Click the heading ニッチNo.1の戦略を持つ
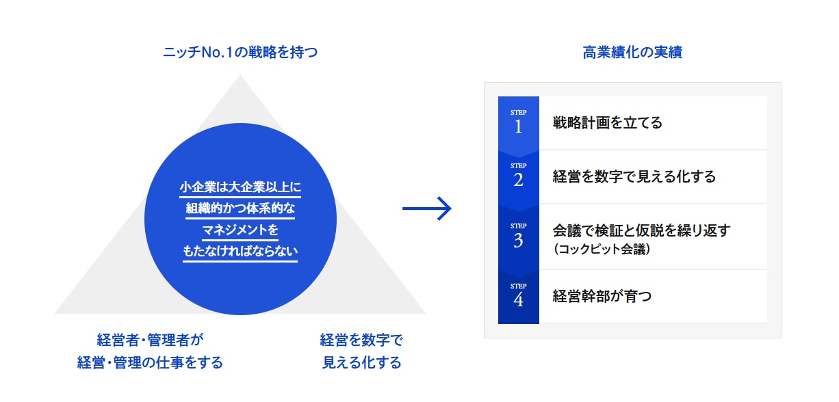click(x=240, y=53)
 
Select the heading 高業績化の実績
click(x=632, y=53)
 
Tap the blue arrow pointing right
click(x=427, y=209)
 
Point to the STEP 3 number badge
click(x=518, y=236)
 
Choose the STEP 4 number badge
click(x=518, y=295)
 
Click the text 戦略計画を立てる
click(x=607, y=123)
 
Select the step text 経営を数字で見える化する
click(x=634, y=177)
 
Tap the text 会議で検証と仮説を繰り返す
click(x=641, y=230)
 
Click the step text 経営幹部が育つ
click(x=602, y=296)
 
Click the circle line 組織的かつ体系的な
click(x=240, y=209)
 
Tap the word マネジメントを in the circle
click(x=240, y=230)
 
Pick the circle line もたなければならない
click(x=240, y=252)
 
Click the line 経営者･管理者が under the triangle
click(x=151, y=339)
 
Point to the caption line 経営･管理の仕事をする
click(x=151, y=362)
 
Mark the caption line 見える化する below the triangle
click(x=361, y=362)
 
